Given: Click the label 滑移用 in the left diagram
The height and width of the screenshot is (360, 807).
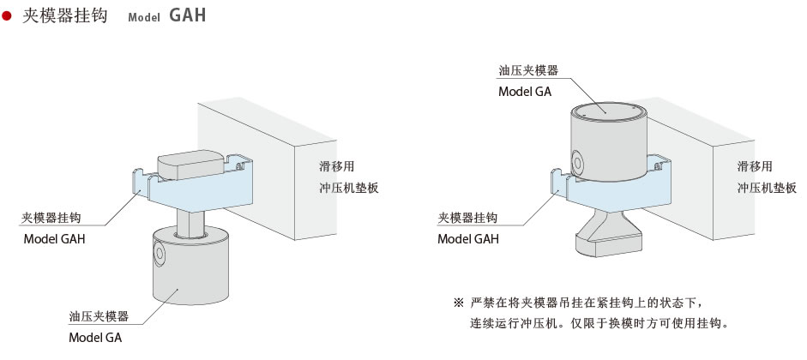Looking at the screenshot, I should pos(334,165).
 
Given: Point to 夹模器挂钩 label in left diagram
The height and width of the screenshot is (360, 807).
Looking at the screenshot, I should pos(53,218).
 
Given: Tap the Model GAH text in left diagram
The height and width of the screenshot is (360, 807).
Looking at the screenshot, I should pos(54,239).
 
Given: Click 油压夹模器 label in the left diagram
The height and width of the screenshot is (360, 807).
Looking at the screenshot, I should pos(99,316).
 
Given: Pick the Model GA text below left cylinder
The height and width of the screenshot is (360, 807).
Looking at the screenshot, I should pos(95,338).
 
